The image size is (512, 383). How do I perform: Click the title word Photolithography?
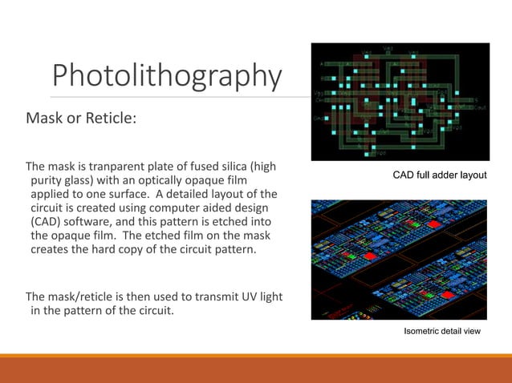click(x=167, y=77)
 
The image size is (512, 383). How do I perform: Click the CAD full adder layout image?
click(x=400, y=101)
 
